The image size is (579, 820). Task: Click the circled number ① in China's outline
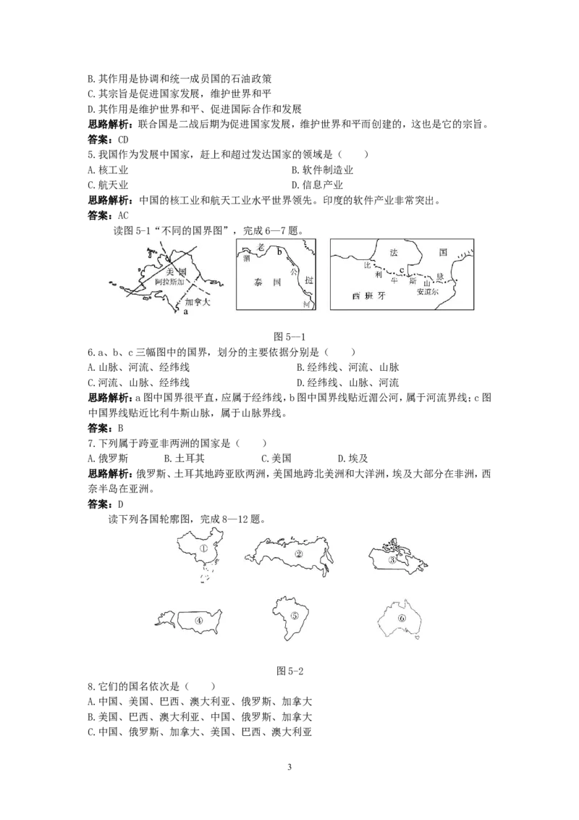point(204,548)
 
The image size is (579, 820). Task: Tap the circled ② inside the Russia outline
point(299,554)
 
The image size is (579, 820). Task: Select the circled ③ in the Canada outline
point(392,560)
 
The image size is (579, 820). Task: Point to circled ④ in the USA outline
point(198,621)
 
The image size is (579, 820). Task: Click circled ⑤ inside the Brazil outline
point(294,616)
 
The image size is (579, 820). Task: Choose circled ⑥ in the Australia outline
point(402,618)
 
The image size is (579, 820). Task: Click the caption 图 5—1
point(289,337)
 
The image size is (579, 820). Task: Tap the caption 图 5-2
point(289,671)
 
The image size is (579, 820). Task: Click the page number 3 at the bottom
point(289,767)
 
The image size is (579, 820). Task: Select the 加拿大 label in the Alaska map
point(197,302)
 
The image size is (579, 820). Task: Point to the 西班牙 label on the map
point(369,296)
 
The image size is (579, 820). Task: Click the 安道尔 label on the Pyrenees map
point(428,291)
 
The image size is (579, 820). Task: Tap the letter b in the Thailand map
point(279,251)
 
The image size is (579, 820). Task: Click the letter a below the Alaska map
point(186,312)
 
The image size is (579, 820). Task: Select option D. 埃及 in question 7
point(352,459)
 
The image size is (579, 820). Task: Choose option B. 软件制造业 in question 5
point(322,170)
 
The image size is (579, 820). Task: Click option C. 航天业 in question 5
point(108,185)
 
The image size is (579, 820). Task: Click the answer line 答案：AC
point(108,215)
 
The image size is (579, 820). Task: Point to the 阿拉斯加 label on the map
point(169,281)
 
